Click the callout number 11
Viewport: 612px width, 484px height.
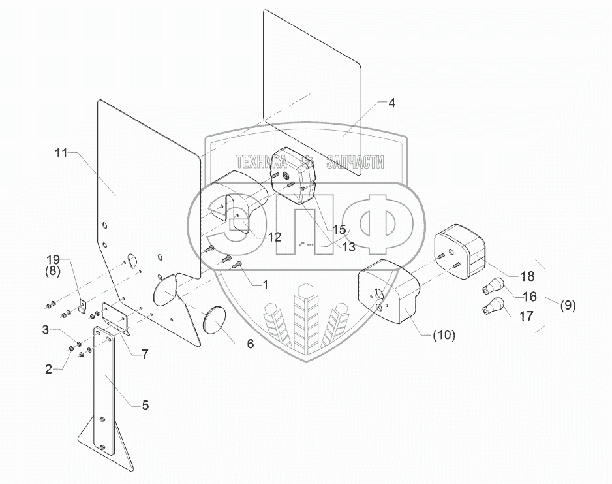coord(61,153)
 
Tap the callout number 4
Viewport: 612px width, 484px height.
coord(391,104)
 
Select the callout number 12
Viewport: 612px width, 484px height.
coord(275,237)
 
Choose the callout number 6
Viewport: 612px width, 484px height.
coord(250,344)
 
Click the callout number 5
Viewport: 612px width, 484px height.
coord(145,406)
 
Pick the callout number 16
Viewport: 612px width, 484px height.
coord(530,297)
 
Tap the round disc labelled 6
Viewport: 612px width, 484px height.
coord(215,321)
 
